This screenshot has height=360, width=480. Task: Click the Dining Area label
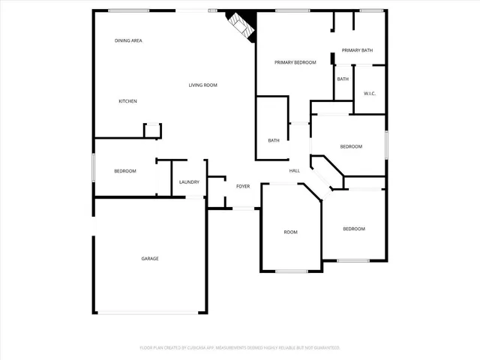pyautogui.click(x=128, y=40)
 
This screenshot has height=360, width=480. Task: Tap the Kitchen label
pyautogui.click(x=127, y=101)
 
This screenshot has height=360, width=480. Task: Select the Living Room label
pyautogui.click(x=202, y=85)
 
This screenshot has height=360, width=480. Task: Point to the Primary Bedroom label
pyautogui.click(x=295, y=62)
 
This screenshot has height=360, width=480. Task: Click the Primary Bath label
pyautogui.click(x=357, y=50)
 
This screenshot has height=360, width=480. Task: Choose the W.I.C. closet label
pyautogui.click(x=369, y=94)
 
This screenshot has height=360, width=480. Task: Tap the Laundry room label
pyautogui.click(x=189, y=182)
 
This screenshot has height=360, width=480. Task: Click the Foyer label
pyautogui.click(x=243, y=186)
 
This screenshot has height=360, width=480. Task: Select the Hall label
pyautogui.click(x=295, y=171)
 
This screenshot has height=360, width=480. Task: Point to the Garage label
pyautogui.click(x=150, y=259)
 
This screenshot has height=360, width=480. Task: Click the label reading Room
pyautogui.click(x=290, y=232)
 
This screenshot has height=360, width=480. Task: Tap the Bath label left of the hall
pyautogui.click(x=274, y=140)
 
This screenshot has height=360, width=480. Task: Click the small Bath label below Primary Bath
pyautogui.click(x=343, y=79)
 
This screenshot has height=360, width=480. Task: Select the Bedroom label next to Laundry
pyautogui.click(x=125, y=171)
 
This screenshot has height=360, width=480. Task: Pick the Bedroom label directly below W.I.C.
pyautogui.click(x=351, y=146)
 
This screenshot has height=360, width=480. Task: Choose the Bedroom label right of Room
pyautogui.click(x=354, y=229)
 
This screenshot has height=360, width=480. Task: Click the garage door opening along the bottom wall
pyautogui.click(x=150, y=313)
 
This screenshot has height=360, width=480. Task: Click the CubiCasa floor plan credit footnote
pyautogui.click(x=240, y=348)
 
